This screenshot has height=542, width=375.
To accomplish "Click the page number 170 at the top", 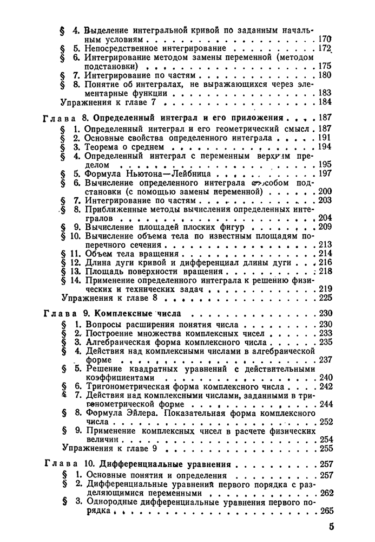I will (324, 39).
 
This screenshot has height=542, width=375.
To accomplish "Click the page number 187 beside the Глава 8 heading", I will (324, 117).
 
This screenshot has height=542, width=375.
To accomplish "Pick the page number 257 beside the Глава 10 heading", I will (325, 464).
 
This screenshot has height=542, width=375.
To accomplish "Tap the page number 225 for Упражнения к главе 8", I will (324, 298).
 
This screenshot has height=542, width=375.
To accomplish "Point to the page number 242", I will (325, 386).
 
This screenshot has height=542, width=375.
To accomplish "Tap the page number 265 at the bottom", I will (325, 511).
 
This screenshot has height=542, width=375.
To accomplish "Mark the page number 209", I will (325, 227).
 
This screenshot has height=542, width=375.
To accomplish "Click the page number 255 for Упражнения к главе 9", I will (325, 448).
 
